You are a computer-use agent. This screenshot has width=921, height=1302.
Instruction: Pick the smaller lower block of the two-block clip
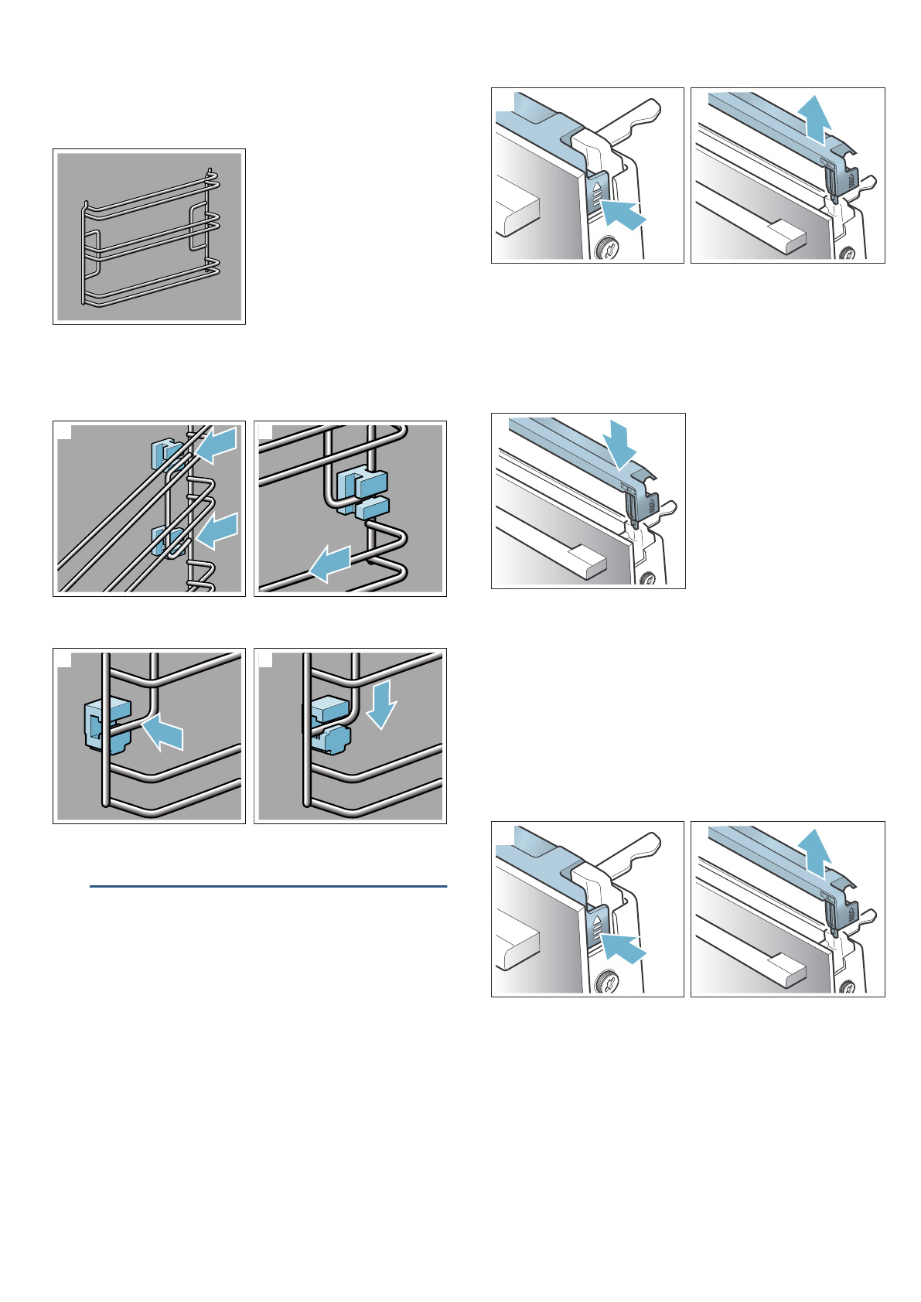(371, 507)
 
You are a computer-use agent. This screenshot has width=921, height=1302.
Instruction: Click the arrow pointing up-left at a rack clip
(164, 731)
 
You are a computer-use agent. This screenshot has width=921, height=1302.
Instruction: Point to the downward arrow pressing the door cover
(622, 444)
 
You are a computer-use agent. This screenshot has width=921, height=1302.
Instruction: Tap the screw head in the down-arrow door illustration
(648, 578)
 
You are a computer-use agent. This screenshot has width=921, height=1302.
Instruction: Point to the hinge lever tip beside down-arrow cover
(669, 507)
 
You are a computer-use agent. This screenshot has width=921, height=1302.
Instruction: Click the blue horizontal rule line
(268, 886)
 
